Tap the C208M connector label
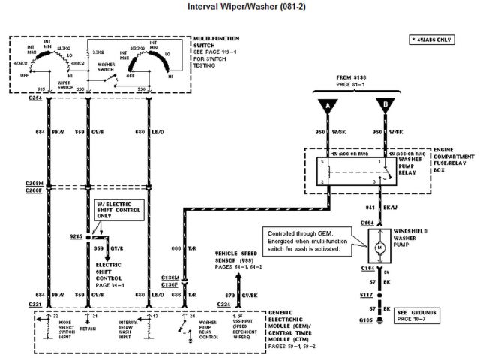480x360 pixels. click(x=32, y=184)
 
